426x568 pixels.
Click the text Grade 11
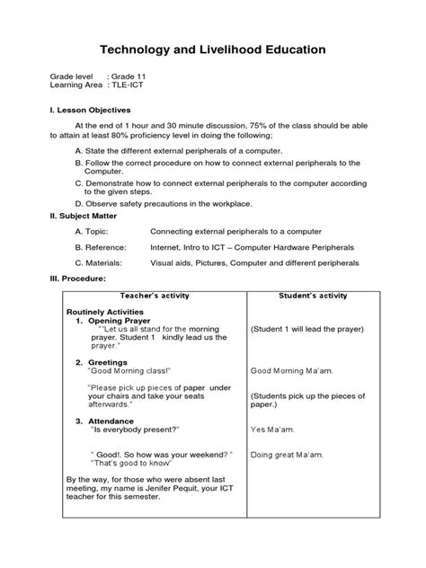[x=131, y=78]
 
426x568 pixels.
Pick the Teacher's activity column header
[x=155, y=295]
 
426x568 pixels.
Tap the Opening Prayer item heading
[x=123, y=321]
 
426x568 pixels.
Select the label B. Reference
[x=101, y=247]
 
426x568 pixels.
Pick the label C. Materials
[x=100, y=263]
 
